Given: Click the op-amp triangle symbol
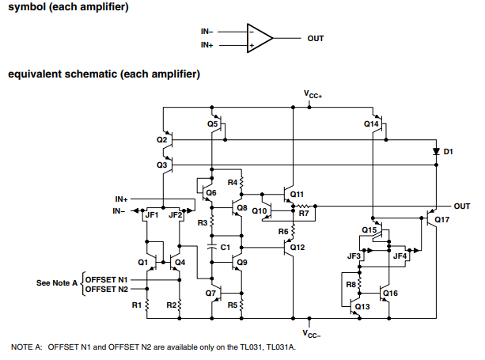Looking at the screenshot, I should (x=259, y=38).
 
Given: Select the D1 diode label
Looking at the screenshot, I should (x=449, y=150).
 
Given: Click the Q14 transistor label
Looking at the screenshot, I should (x=371, y=124).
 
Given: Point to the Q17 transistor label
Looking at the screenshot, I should (x=441, y=219).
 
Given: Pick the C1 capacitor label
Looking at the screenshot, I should (x=225, y=248).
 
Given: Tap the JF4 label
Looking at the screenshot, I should (x=400, y=256).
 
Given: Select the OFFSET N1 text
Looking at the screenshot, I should (x=106, y=280).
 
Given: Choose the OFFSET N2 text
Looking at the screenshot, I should (x=106, y=290).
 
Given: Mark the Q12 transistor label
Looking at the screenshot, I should (x=297, y=248).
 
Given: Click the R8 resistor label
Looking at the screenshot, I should (x=351, y=284).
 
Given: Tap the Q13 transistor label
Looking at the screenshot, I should (x=362, y=306).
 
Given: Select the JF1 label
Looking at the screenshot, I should (x=153, y=214).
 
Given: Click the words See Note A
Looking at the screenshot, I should (x=56, y=282).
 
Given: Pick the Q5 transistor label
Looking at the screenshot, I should (x=212, y=124).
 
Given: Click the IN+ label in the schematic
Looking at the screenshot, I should (x=121, y=199).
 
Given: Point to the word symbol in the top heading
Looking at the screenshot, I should (x=27, y=7).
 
